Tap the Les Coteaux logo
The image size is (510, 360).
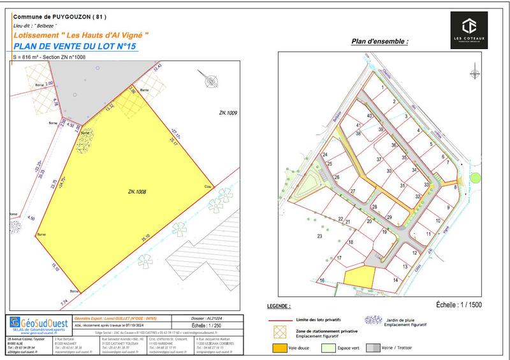pyautogui.click(x=469, y=31)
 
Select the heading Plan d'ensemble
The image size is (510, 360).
pyautogui.click(x=379, y=41)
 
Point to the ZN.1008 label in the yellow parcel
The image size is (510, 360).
pyautogui.click(x=137, y=191)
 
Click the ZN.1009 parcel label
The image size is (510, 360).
pyautogui.click(x=227, y=113)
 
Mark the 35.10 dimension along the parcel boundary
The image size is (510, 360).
pyautogui.click(x=147, y=237)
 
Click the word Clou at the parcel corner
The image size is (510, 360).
pyautogui.click(x=207, y=187)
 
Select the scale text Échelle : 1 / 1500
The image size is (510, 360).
pyautogui.click(x=460, y=305)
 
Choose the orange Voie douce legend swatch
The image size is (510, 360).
pyautogui.click(x=278, y=349)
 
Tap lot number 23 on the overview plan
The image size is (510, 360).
pyautogui.click(x=319, y=236)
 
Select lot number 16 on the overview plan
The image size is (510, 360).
pyautogui.click(x=323, y=280)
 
